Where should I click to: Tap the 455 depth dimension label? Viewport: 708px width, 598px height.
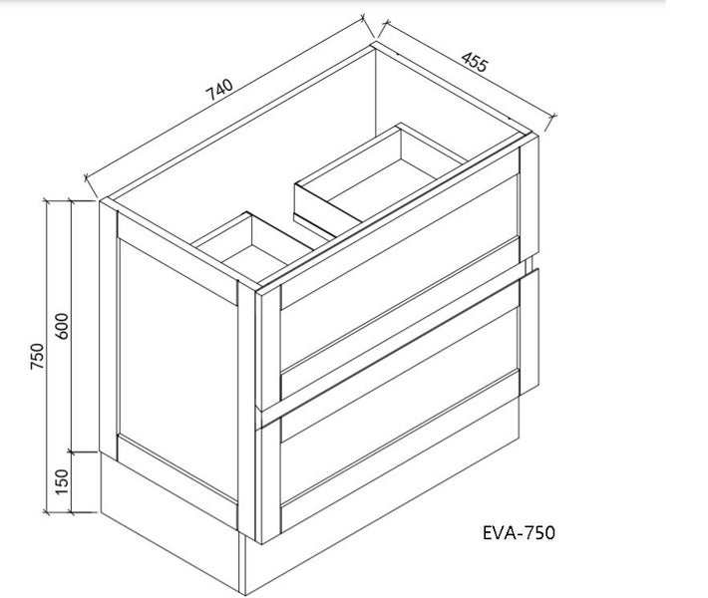click(x=475, y=62)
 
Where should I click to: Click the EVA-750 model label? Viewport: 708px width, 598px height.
click(x=519, y=532)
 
